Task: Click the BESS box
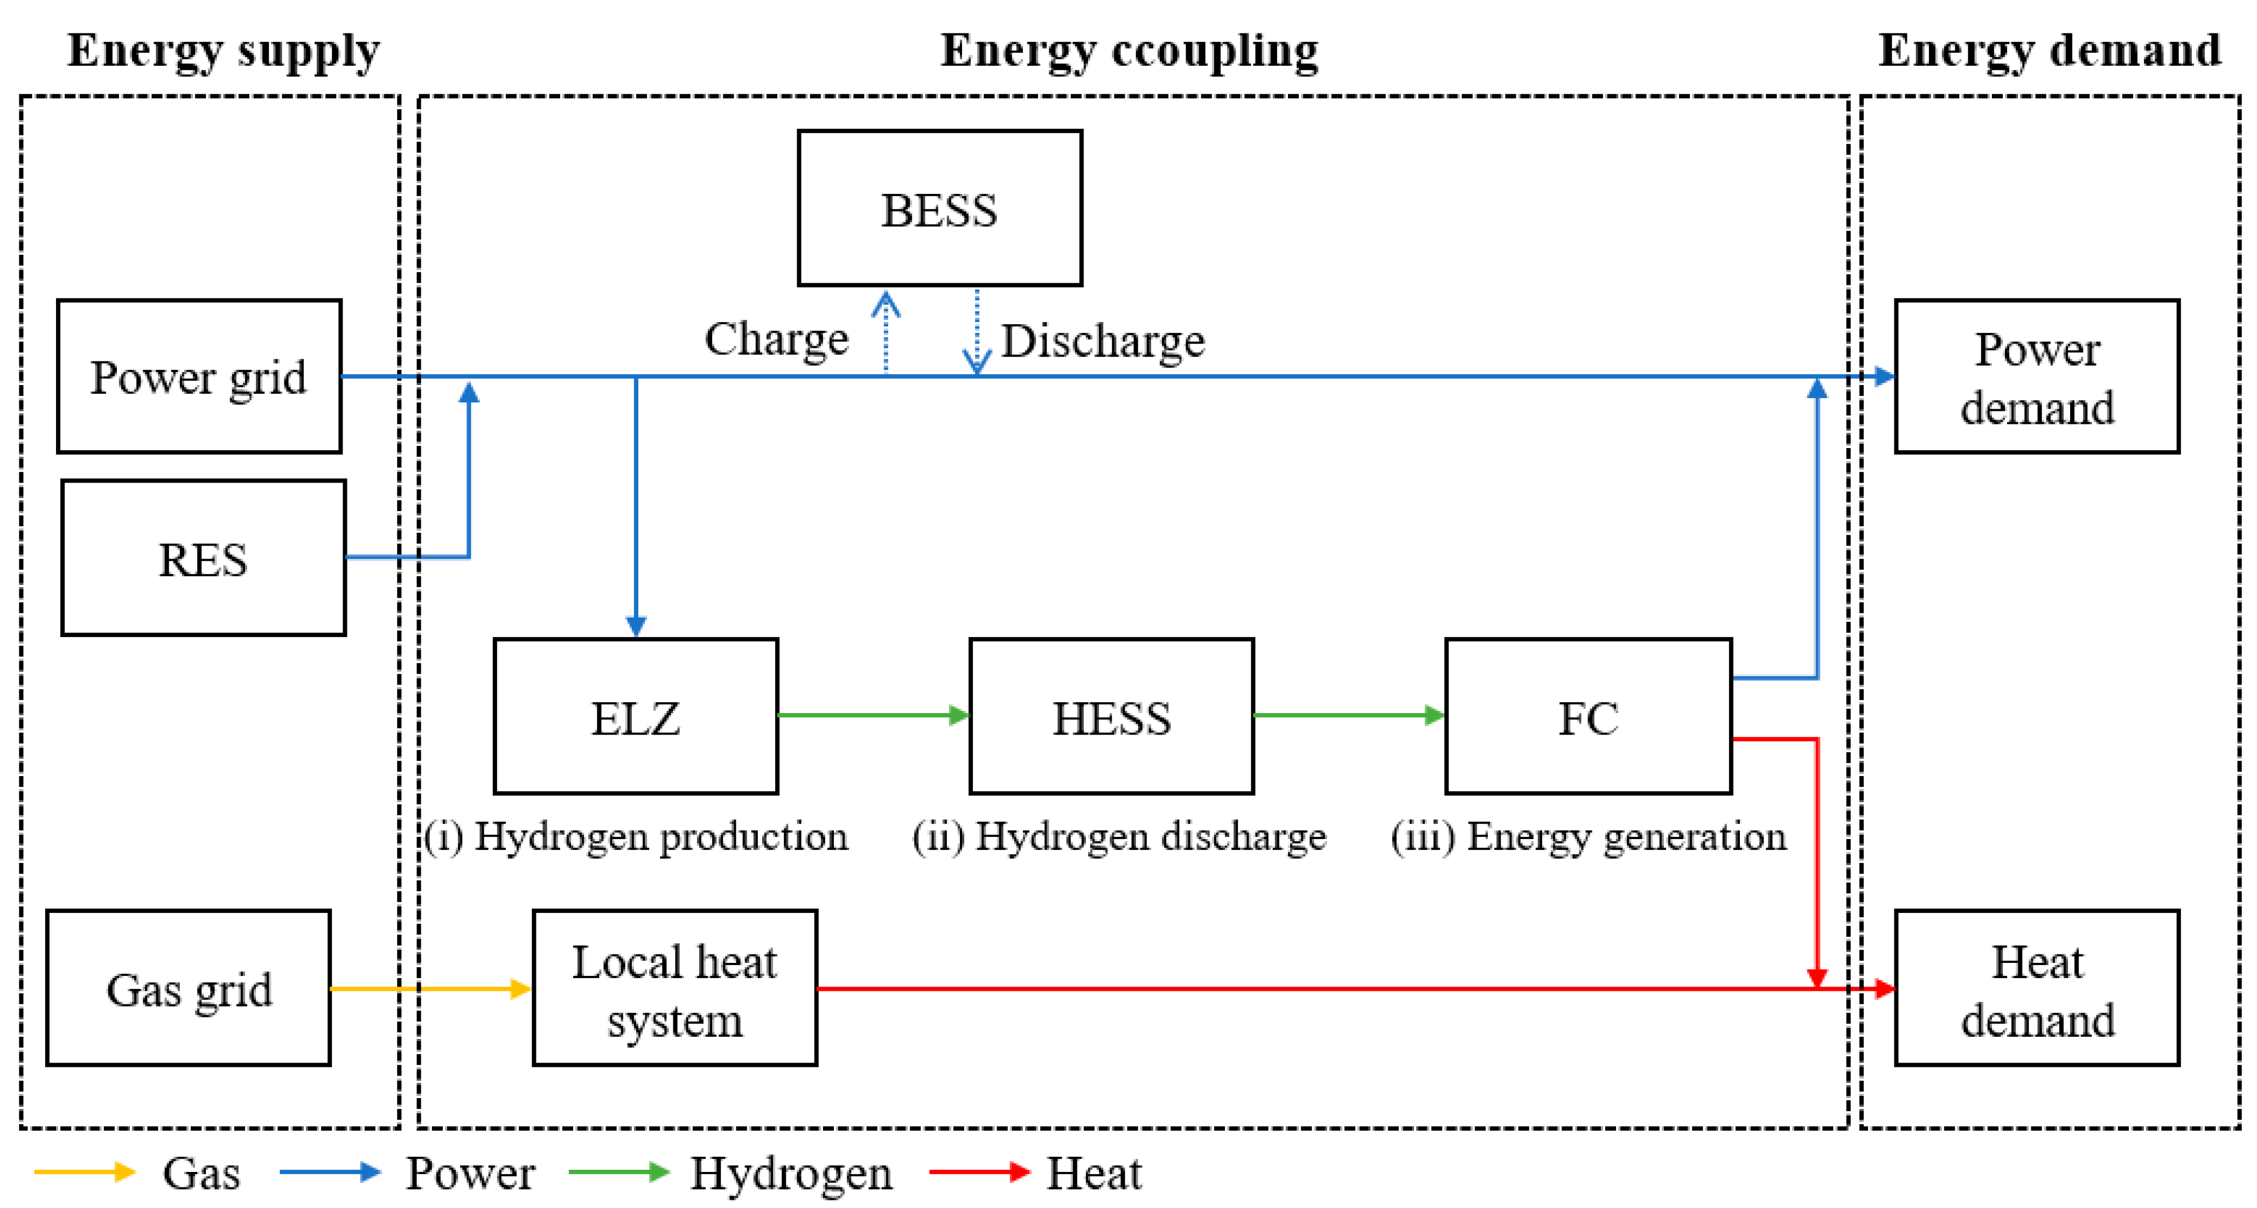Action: (x=939, y=208)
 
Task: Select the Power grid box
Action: (x=199, y=376)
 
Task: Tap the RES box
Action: (x=203, y=558)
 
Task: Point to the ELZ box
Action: (x=635, y=717)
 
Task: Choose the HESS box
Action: (x=1111, y=717)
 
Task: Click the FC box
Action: (x=1587, y=717)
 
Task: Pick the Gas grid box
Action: (x=189, y=988)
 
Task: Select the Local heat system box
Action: (x=674, y=988)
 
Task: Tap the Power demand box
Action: (x=2036, y=376)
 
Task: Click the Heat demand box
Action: (x=2036, y=988)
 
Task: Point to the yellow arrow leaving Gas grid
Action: (x=429, y=988)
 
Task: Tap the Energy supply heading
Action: (x=224, y=51)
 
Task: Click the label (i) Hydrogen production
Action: (x=637, y=836)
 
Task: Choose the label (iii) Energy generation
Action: (x=1587, y=836)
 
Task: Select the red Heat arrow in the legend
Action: (x=979, y=1172)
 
